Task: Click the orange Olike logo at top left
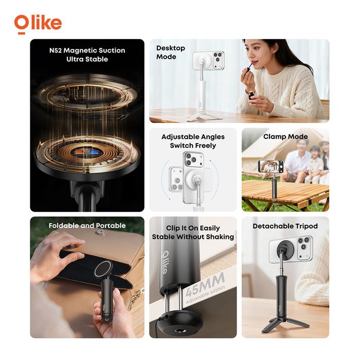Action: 38,24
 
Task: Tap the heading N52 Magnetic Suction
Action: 87,50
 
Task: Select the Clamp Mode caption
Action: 285,137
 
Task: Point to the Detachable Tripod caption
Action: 285,226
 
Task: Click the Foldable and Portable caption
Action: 87,226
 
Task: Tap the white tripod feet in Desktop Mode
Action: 204,116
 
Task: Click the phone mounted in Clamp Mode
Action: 271,166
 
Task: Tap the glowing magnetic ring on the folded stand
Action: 104,269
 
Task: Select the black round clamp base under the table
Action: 176,323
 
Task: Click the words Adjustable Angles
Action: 193,137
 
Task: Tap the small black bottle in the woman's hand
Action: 252,95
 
